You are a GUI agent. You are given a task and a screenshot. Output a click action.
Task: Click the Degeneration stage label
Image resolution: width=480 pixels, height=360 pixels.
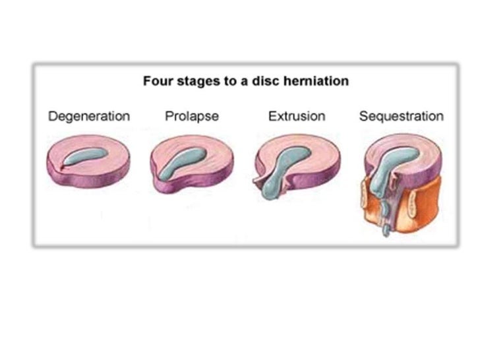pyautogui.click(x=89, y=117)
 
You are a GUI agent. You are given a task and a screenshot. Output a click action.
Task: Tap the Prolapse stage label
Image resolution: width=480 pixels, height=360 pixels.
pyautogui.click(x=191, y=117)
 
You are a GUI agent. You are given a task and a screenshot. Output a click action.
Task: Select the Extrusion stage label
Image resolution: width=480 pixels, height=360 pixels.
pyautogui.click(x=296, y=117)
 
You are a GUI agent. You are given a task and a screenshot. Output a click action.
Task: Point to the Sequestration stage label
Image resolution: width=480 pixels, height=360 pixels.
pyautogui.click(x=401, y=117)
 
